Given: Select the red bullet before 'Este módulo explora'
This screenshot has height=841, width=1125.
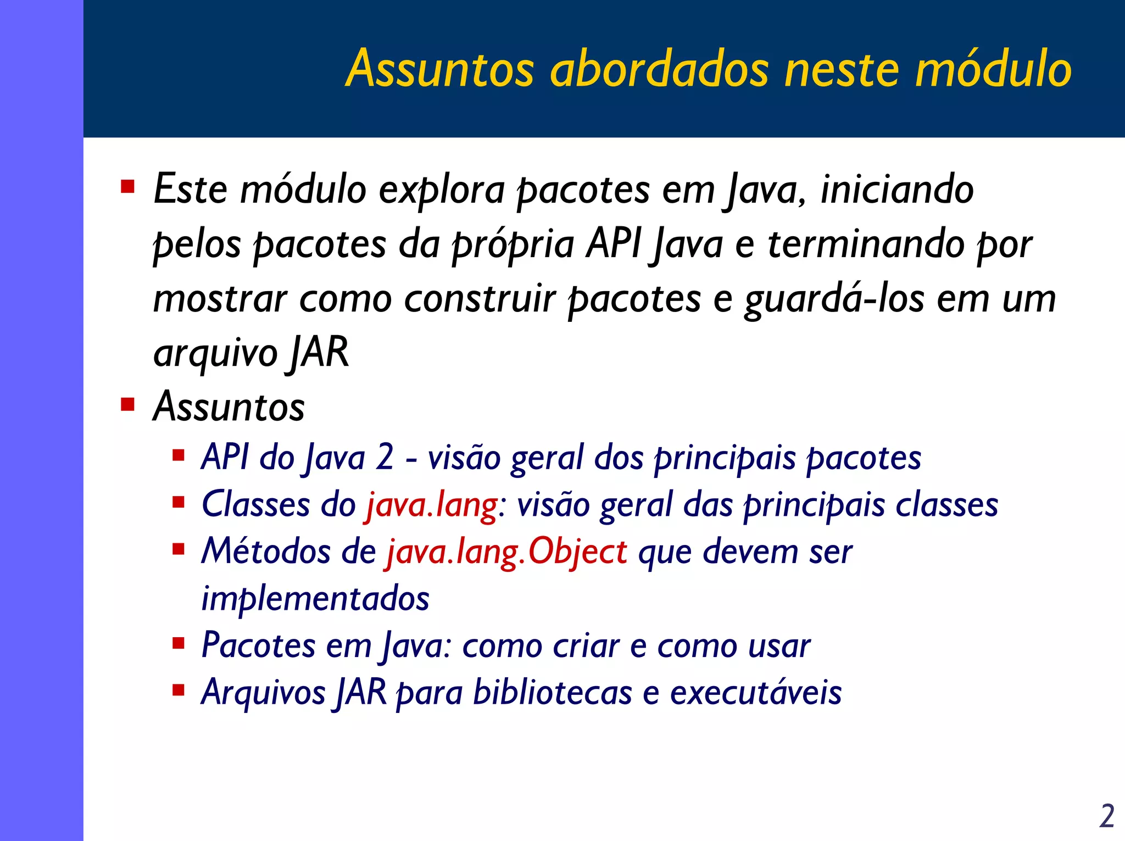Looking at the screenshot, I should click(127, 187).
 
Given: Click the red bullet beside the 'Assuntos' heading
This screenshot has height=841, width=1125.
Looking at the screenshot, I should click(127, 405).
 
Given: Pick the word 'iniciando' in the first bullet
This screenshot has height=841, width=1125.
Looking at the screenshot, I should click(896, 189).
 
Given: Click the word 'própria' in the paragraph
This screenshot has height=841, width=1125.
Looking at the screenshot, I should click(513, 245).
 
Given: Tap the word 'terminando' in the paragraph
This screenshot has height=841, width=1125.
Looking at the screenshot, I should click(866, 244).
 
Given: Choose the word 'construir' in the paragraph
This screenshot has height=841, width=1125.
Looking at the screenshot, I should click(480, 299).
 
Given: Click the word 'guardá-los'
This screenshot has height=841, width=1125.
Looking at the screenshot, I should click(834, 299).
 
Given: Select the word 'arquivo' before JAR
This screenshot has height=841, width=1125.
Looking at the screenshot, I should click(215, 354).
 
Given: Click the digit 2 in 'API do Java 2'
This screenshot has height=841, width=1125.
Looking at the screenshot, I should click(385, 457).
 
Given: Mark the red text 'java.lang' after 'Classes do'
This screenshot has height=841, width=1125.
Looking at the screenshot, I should click(432, 504).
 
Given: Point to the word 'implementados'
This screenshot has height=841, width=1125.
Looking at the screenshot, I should click(315, 599).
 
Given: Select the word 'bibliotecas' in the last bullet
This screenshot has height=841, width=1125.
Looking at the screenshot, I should click(553, 692).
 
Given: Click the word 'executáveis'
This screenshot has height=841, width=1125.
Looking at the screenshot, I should click(755, 692).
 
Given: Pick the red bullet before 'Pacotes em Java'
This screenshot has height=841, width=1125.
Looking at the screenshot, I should click(178, 643).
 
